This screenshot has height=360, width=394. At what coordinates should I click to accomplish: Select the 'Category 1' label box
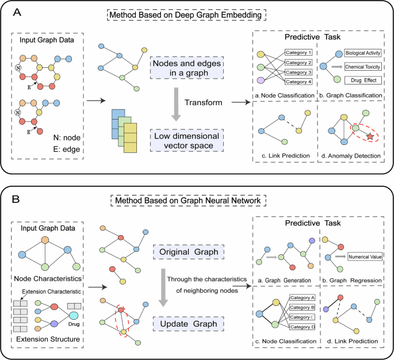click(299, 52)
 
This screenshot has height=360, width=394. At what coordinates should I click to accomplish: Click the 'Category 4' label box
click(299, 82)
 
